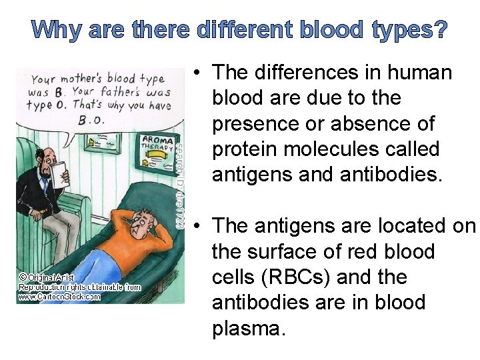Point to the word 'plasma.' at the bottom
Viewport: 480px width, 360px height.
coord(247,328)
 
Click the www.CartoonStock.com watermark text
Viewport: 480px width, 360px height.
coord(60,297)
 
